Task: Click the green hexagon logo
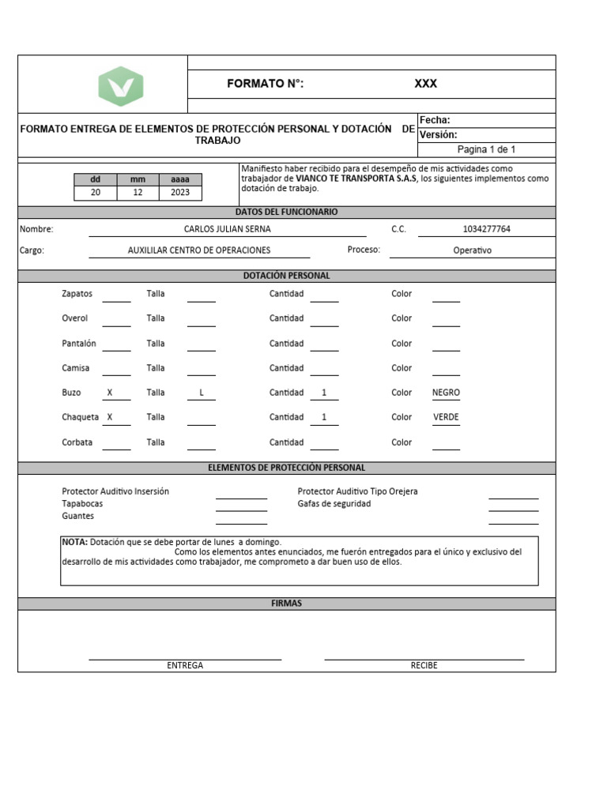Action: point(121,86)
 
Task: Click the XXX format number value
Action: point(425,84)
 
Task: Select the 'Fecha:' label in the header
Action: point(435,120)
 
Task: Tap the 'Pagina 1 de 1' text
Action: point(486,149)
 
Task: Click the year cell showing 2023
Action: point(180,193)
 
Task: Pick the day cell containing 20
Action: point(96,193)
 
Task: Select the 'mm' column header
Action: point(138,179)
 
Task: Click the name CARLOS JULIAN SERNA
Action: point(227,229)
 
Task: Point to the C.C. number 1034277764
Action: point(486,229)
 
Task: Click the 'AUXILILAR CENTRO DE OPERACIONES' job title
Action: point(199,250)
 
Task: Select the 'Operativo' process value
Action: point(472,250)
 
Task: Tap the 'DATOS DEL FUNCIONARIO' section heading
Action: point(286,212)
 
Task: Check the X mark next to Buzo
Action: point(110,393)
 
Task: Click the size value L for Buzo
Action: point(201,393)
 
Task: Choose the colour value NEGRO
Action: point(446,393)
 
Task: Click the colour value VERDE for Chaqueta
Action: point(446,417)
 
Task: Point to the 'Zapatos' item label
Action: point(77,294)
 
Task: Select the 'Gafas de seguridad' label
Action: point(334,504)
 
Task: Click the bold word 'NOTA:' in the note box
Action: point(75,543)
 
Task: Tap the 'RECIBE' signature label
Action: point(424,665)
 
